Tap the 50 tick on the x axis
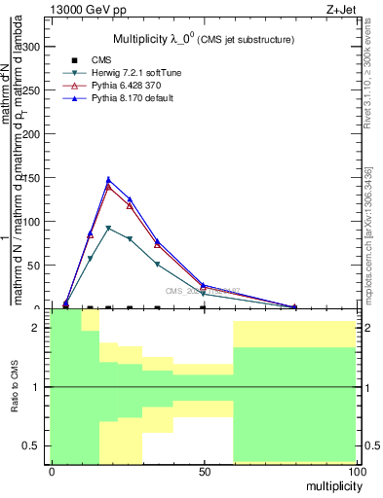coord(203,471)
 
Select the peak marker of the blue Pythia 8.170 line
coord(108,179)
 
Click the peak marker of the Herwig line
coord(108,228)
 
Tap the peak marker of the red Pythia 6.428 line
coord(108,186)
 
